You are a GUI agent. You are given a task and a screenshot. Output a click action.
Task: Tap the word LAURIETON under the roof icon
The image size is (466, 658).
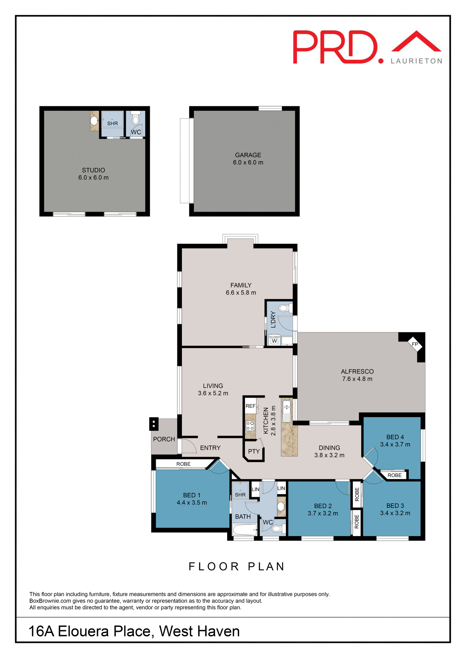(416, 61)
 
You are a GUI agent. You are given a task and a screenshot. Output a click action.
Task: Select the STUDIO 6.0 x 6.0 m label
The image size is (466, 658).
(93, 174)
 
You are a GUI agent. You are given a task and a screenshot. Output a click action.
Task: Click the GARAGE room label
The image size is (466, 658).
(248, 155)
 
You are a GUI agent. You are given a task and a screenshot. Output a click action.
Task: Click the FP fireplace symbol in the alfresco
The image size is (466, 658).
(415, 344)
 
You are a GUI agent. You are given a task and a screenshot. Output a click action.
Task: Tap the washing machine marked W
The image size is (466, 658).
(274, 341)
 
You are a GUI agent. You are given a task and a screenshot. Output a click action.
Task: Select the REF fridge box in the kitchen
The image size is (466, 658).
(251, 406)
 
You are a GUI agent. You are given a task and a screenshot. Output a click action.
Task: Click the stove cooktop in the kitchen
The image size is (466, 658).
(250, 426)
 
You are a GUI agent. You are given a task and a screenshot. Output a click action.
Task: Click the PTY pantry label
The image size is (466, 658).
(254, 451)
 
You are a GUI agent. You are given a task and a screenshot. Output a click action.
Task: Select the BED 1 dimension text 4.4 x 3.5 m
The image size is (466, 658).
(192, 503)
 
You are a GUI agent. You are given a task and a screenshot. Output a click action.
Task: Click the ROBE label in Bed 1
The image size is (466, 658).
(183, 464)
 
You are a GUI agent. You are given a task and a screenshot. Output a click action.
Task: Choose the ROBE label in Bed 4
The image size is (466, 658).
(394, 475)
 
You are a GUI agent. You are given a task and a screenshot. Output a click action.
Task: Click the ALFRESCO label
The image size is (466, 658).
(357, 371)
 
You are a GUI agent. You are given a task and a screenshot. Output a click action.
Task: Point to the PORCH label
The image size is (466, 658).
(164, 439)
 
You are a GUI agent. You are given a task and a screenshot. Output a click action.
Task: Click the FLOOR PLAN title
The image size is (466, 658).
(237, 566)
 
